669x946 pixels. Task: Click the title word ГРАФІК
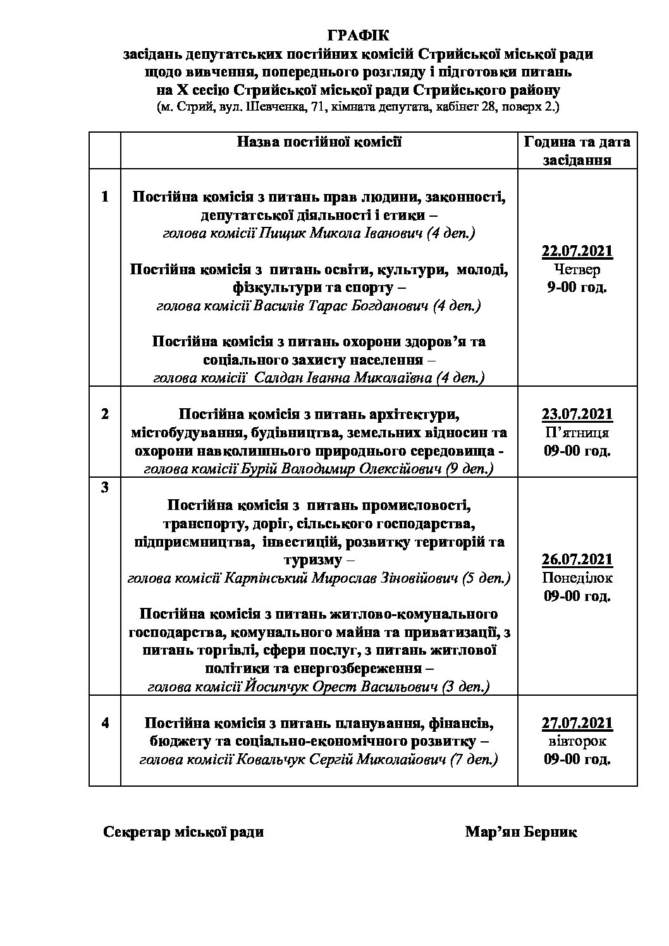[x=359, y=35]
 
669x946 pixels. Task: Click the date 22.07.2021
[x=577, y=252]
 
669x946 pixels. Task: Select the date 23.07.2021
[x=577, y=415]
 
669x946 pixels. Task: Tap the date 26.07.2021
[x=577, y=559]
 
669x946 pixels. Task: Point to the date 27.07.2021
[x=577, y=723]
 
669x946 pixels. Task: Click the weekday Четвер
[x=577, y=270]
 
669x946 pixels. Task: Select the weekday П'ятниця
[x=577, y=433]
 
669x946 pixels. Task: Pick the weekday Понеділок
[x=577, y=578]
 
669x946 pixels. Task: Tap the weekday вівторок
[x=577, y=741]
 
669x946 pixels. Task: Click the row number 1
[x=105, y=197]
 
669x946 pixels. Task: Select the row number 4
[x=105, y=723]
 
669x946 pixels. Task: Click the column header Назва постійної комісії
[x=319, y=142]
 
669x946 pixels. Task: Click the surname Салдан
[x=276, y=379]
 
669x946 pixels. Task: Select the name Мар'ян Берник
[x=520, y=832]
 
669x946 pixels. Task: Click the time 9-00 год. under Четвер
[x=577, y=288]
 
